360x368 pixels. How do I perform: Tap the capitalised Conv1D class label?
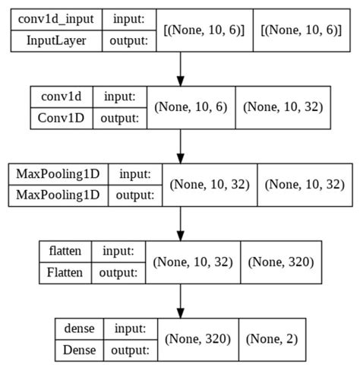pyautogui.click(x=63, y=118)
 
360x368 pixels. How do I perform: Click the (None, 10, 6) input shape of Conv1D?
pyautogui.click(x=191, y=107)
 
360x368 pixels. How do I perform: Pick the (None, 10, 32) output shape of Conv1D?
pyautogui.click(x=282, y=107)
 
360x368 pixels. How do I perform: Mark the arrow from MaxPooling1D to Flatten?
pyautogui.click(x=180, y=222)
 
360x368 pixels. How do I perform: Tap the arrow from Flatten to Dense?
pyautogui.click(x=180, y=298)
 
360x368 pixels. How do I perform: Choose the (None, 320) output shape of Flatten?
pyautogui.click(x=280, y=261)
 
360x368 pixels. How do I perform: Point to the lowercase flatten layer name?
pyautogui.click(x=65, y=251)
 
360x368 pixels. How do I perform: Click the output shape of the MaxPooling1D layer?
pyautogui.click(x=302, y=184)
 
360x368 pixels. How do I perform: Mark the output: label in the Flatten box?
pyautogui.click(x=119, y=271)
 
